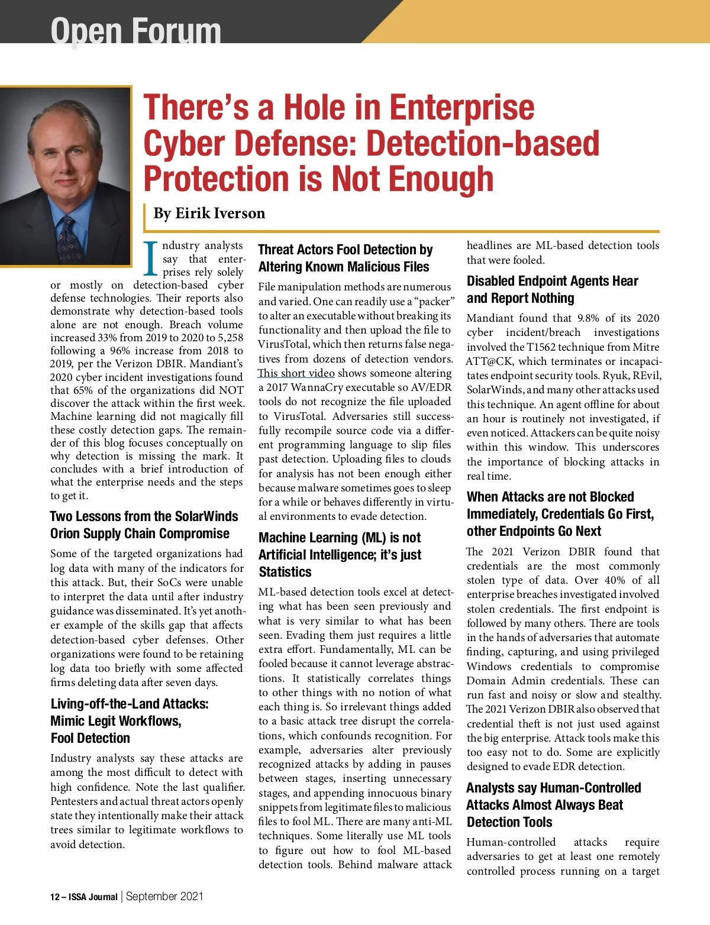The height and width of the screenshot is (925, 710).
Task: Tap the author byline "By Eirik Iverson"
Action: [209, 213]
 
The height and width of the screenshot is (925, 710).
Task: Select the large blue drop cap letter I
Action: [151, 259]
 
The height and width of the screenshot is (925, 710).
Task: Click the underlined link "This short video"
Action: [296, 373]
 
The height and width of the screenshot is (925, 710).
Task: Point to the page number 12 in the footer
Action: [55, 897]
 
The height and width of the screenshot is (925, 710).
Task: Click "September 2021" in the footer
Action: [164, 896]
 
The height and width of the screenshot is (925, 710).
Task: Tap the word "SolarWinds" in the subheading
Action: [206, 516]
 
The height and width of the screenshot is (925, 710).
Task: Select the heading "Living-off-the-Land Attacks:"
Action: [130, 704]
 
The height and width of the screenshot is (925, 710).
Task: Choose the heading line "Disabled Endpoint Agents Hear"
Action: [552, 281]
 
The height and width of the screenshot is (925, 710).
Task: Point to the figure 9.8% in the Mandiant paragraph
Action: [588, 318]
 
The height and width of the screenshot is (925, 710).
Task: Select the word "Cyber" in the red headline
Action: [186, 144]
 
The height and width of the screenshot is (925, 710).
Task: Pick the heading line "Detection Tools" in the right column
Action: [509, 822]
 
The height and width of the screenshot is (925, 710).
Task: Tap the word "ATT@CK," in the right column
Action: [489, 361]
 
